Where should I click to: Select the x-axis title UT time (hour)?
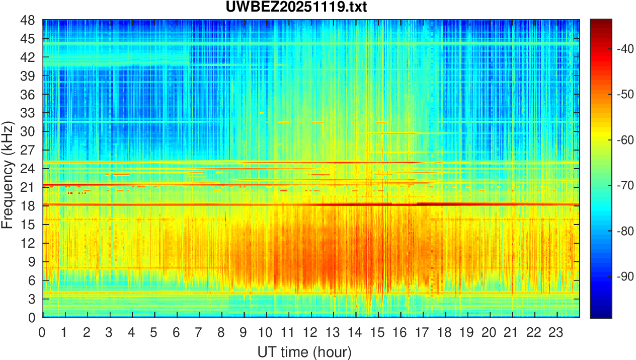[304, 351]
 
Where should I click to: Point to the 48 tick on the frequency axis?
[27, 20]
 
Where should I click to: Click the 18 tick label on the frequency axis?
[27, 206]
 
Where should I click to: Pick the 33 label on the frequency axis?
[27, 113]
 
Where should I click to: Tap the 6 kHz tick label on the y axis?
[31, 280]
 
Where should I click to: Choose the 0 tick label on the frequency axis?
[31, 318]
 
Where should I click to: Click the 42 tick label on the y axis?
[27, 57]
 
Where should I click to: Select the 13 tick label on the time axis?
[333, 333]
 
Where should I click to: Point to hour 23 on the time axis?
[557, 333]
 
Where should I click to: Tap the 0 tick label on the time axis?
[42, 333]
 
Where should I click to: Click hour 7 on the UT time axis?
[199, 333]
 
